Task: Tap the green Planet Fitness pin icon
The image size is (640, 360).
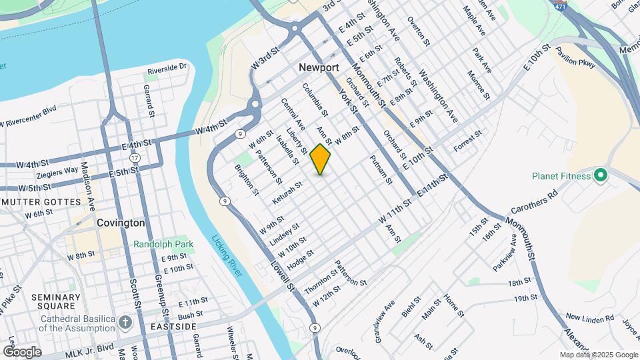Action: [600, 176]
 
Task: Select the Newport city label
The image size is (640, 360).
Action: [319, 67]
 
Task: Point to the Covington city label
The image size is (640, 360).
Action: [121, 223]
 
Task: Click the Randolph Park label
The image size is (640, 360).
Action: [163, 244]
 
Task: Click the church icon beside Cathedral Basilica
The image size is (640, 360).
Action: [125, 323]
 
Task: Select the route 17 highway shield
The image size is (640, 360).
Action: [135, 158]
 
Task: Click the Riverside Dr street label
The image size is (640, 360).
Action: [167, 68]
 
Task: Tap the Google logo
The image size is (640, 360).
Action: [21, 352]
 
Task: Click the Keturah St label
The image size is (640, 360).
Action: [287, 192]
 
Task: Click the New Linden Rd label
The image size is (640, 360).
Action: [589, 319]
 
